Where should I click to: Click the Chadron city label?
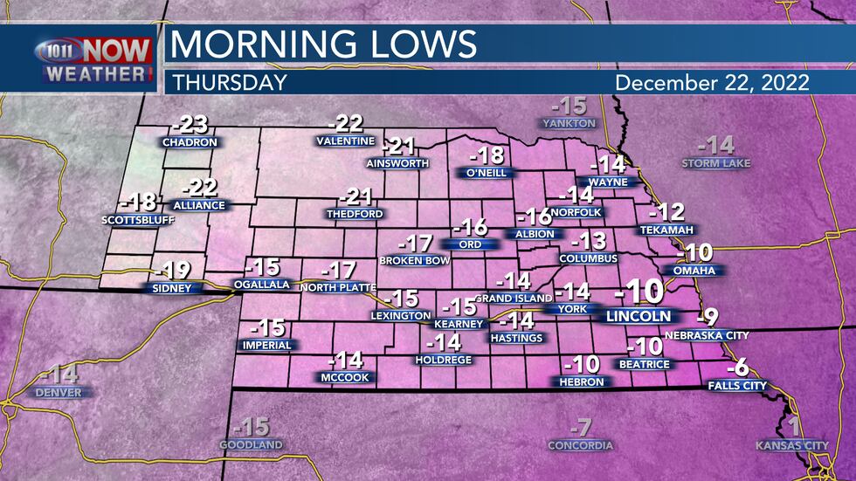[190, 141]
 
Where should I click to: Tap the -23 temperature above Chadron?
[189, 123]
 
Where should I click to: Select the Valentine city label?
[345, 141]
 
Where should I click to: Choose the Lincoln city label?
[639, 316]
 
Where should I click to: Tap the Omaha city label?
[694, 271]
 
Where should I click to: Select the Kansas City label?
[792, 446]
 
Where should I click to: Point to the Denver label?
[59, 393]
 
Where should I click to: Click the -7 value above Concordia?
[580, 428]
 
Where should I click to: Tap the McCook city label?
[344, 377]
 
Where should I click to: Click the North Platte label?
[337, 287]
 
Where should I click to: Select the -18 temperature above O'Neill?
[487, 155]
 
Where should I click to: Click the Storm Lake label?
[716, 163]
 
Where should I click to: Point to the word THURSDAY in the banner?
[230, 83]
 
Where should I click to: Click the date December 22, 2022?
[712, 83]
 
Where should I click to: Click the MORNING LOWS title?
[323, 44]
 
